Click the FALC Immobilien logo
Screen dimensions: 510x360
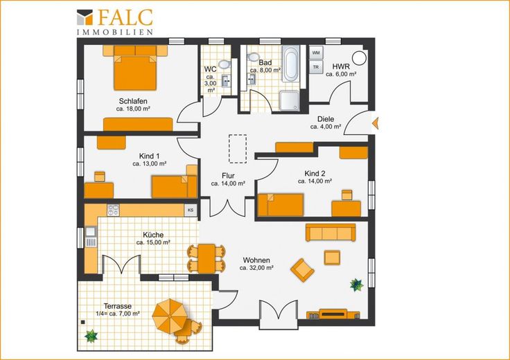point(115,21)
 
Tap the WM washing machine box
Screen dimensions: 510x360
point(316,53)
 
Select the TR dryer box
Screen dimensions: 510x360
point(316,67)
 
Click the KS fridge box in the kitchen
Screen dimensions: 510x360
point(191,210)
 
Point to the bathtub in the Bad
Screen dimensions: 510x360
point(291,64)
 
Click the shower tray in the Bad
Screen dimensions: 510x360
point(289,101)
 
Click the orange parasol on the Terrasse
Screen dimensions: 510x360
point(168,314)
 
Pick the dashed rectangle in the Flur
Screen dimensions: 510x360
point(238,148)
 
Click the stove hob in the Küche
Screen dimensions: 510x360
point(113,210)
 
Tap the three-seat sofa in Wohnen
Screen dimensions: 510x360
point(331,233)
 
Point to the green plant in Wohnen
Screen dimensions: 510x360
point(357,285)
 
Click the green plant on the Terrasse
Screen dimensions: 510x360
point(91,336)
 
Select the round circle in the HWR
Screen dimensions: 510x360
point(360,58)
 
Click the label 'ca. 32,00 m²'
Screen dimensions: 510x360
point(256,268)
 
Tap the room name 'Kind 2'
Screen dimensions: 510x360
point(315,173)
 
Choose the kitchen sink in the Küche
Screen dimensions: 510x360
point(91,232)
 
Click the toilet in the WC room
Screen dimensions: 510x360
point(224,64)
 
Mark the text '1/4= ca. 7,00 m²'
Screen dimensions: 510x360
point(118,314)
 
